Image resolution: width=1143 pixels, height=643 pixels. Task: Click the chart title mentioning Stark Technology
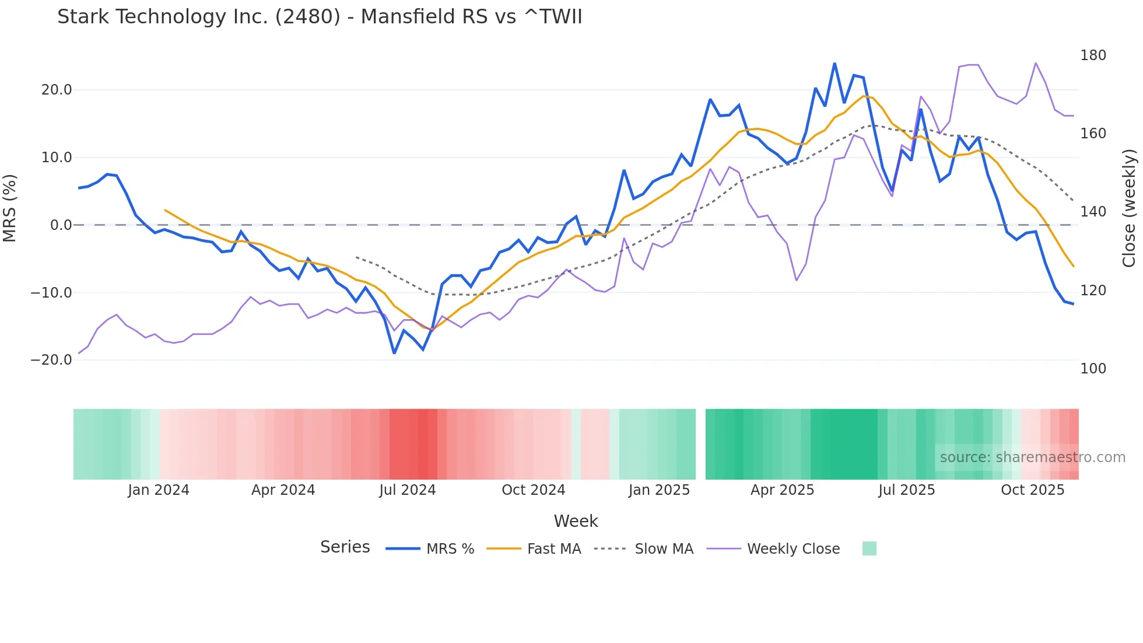[320, 17]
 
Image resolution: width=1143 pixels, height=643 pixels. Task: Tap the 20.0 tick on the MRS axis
[57, 90]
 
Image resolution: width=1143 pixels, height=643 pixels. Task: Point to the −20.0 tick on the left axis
[52, 360]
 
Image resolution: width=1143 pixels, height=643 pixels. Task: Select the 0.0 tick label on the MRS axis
[61, 225]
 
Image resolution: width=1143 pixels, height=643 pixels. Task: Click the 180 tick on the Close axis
[1093, 55]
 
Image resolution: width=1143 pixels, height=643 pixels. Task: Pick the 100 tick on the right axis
[1093, 369]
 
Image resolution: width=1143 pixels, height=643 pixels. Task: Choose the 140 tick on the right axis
[1093, 212]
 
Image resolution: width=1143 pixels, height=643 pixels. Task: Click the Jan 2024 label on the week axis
[159, 490]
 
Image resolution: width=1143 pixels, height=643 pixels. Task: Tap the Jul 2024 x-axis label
[408, 490]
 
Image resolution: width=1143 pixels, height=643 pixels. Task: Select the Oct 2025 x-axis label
[1032, 490]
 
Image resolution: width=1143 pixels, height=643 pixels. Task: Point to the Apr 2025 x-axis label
[782, 490]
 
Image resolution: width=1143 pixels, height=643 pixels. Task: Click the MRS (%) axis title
[10, 208]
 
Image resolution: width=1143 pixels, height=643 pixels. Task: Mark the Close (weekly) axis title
[1129, 208]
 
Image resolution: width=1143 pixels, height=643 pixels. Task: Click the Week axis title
[576, 521]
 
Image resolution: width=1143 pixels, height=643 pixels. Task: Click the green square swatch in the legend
[869, 548]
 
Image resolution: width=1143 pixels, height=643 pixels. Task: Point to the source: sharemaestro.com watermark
[1032, 457]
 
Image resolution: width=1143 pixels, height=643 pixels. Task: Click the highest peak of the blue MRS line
[835, 64]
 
